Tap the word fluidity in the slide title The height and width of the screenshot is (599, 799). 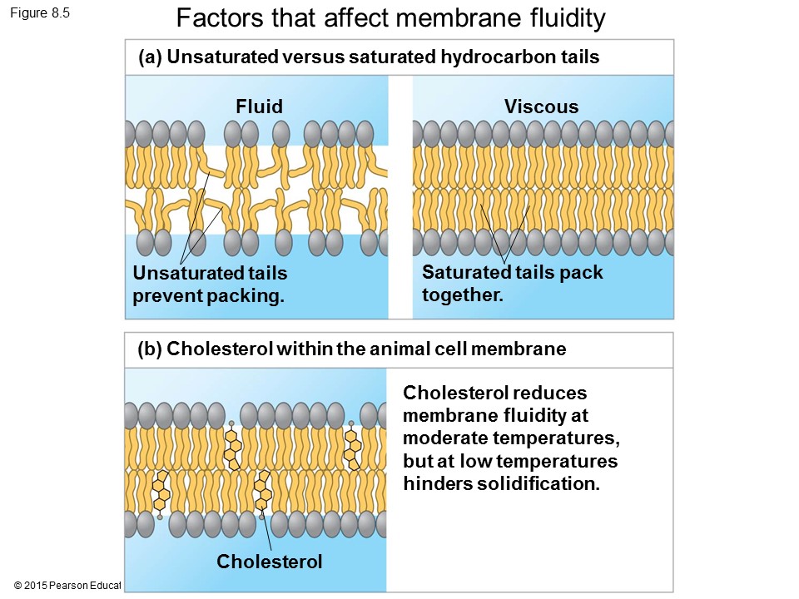point(563,17)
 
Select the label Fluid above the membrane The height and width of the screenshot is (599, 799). point(259,106)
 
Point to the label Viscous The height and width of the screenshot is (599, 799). point(541,106)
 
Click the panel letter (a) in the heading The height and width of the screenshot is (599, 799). point(149,57)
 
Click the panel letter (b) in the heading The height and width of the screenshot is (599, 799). point(149,349)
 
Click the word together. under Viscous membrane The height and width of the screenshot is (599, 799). point(463,295)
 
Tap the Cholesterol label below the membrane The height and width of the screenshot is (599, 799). point(269,562)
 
